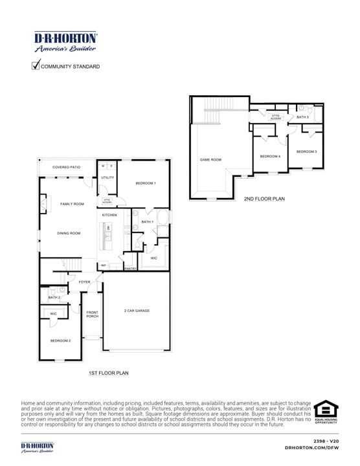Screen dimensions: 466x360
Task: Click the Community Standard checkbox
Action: [36, 65]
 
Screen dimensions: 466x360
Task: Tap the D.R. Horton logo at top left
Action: [65, 42]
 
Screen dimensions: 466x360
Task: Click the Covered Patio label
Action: [67, 167]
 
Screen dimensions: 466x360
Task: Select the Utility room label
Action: [107, 177]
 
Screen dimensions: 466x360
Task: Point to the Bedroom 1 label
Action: [145, 184]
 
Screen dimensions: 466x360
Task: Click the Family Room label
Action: [72, 204]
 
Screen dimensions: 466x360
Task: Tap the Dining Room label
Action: [69, 233]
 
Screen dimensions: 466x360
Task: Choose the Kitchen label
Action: [109, 215]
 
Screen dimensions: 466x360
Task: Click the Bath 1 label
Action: [147, 222]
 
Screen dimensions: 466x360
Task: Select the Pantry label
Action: [130, 269]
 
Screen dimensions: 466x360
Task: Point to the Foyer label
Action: [85, 282]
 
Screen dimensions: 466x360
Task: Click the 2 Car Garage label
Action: [137, 311]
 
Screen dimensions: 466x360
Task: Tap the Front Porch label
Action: [93, 314]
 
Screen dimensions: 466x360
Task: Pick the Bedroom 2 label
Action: [60, 340]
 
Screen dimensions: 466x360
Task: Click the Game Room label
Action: [211, 159]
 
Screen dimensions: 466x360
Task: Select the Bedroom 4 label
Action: [270, 157]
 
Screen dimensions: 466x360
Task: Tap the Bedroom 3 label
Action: [306, 151]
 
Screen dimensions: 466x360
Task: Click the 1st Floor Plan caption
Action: [109, 373]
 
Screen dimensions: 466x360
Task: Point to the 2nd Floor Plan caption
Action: [264, 199]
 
